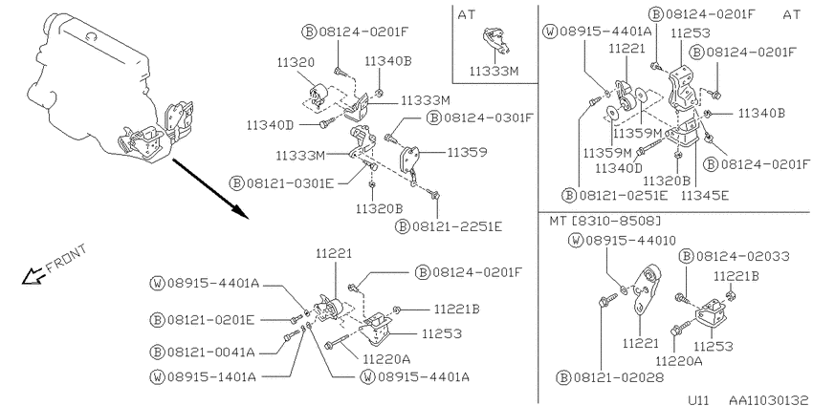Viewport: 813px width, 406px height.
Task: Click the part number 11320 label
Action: pos(295,63)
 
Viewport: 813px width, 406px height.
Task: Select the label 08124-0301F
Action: pos(489,118)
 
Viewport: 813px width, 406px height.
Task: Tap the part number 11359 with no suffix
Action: pos(467,152)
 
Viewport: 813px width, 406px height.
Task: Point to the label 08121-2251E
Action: pos(457,226)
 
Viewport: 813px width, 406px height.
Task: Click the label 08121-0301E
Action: pos(290,182)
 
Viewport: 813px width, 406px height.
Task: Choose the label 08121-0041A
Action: pos(210,353)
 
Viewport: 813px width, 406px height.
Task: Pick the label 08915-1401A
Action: pos(211,376)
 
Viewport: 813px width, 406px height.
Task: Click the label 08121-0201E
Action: pos(210,320)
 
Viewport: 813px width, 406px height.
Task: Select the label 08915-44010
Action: pos(631,241)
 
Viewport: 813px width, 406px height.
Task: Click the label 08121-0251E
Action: pos(624,195)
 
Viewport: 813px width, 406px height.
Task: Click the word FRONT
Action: pos(66,259)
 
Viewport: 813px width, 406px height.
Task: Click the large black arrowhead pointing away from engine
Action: pos(238,211)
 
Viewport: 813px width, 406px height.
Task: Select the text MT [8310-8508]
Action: pos(605,221)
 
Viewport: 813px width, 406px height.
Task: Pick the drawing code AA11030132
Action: pos(769,400)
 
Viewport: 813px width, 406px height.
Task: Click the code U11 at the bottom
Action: pos(699,400)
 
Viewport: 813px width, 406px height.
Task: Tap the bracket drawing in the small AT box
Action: pos(495,41)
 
